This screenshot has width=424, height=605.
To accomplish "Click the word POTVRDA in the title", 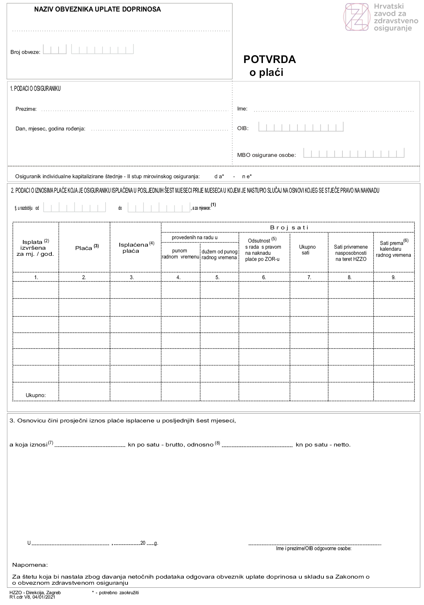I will tap(269, 60).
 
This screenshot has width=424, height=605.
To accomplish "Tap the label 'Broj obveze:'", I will tap(25, 52).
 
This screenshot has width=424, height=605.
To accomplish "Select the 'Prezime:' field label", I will tap(26, 109).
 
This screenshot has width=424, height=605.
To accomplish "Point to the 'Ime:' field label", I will tap(242, 109).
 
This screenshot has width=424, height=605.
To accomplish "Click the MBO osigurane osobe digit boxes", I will tap(354, 153).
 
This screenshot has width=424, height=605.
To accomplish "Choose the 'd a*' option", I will tap(219, 176).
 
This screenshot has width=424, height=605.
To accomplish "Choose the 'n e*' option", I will tap(247, 176).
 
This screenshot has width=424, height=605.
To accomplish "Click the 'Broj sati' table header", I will tap(289, 227).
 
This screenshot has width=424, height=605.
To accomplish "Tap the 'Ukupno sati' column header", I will tap(307, 250).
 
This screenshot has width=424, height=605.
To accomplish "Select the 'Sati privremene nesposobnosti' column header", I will tap(351, 253).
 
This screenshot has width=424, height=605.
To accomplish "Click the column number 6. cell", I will tap(264, 277).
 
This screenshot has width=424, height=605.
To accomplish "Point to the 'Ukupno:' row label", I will tap(36, 395).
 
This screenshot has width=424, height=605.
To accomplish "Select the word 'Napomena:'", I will tap(30, 565).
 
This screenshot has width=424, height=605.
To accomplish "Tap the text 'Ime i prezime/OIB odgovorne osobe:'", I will tap(314, 548).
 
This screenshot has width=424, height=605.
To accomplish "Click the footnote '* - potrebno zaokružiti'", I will tap(115, 592).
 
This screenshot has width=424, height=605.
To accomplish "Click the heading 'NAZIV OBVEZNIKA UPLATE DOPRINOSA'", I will tap(97, 9).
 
